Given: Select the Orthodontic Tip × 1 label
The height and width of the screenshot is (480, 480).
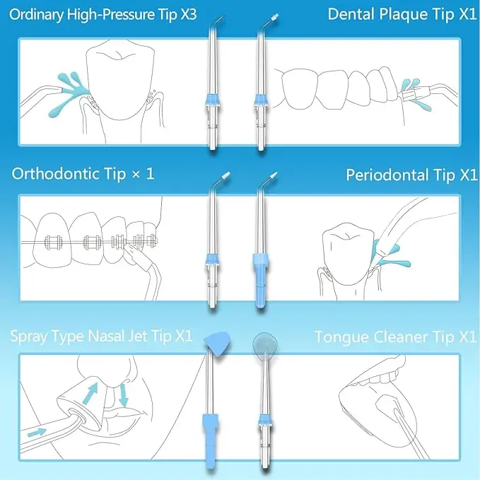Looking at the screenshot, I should click(x=83, y=173).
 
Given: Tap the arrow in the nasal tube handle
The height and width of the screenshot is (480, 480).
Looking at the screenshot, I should click(x=35, y=431).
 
